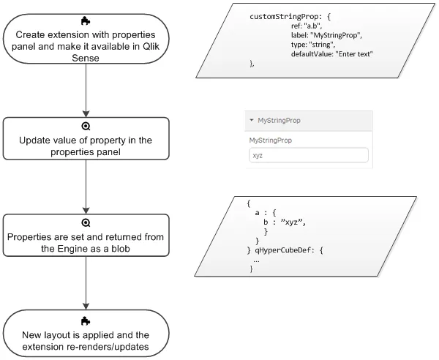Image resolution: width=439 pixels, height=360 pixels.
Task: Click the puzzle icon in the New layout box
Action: click(x=86, y=320)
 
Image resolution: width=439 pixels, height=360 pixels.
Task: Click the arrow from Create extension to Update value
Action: click(x=86, y=89)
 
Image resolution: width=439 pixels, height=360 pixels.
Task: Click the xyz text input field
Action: click(x=308, y=155)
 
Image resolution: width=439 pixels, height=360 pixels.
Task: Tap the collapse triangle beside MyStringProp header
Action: click(x=252, y=120)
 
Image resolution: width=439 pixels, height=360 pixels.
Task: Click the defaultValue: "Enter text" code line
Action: click(x=332, y=55)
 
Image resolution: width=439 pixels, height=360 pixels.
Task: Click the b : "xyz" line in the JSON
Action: click(x=282, y=222)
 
